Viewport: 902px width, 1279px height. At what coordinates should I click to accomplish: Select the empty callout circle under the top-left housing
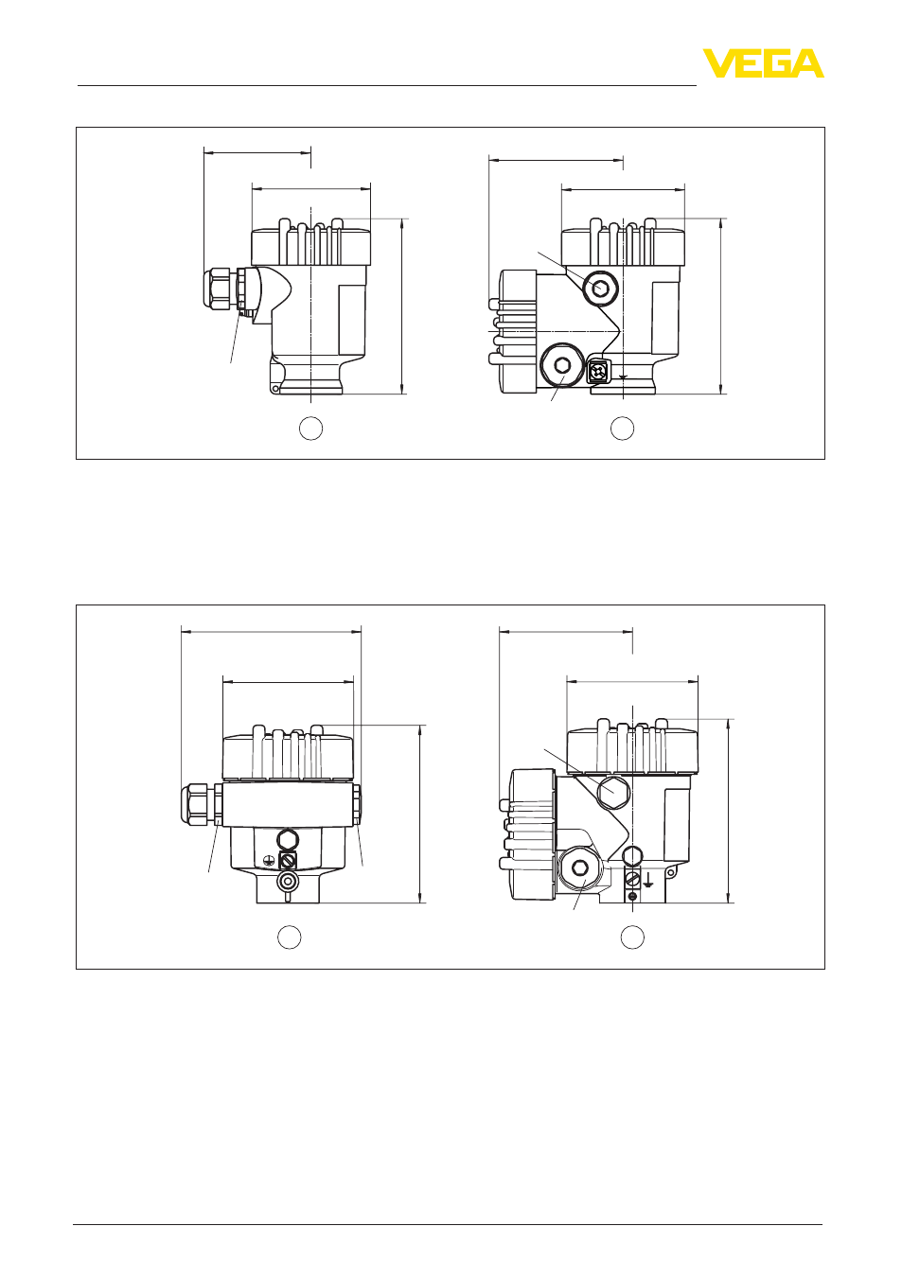tap(310, 429)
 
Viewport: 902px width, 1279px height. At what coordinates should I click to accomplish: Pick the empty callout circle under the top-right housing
tap(622, 429)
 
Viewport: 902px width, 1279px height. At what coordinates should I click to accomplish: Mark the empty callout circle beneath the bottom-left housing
tap(289, 937)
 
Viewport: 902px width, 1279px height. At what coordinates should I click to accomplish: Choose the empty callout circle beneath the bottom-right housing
tap(632, 937)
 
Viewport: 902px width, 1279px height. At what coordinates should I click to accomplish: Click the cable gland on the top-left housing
tap(226, 289)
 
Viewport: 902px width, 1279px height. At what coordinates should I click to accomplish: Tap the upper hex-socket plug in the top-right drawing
tap(600, 289)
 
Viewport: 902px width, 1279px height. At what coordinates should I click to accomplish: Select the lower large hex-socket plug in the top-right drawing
tap(562, 365)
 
